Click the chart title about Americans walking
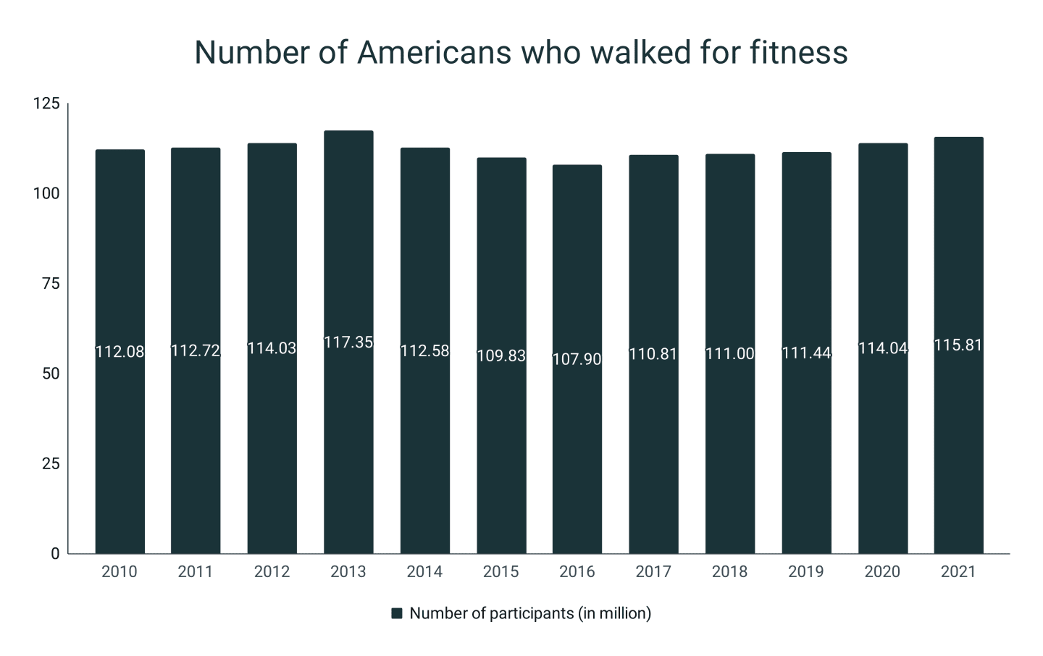(521, 53)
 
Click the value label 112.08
(120, 352)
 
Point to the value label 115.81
(958, 345)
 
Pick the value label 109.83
(501, 356)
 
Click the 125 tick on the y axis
(46, 104)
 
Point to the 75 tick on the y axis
(51, 284)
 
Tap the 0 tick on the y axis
(55, 554)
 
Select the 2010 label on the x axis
(120, 572)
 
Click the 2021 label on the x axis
(958, 572)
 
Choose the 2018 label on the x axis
(729, 572)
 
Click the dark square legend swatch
(396, 614)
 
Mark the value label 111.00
(730, 354)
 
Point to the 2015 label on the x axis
(501, 572)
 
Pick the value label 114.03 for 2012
(272, 348)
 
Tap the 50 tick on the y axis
(51, 374)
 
